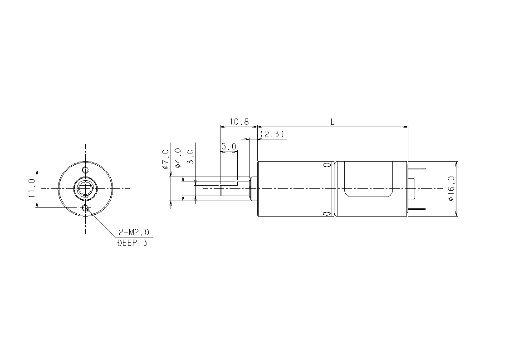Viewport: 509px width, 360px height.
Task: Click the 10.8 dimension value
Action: [x=239, y=122]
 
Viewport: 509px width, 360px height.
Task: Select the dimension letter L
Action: [x=333, y=122]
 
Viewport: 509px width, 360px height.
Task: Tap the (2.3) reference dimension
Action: [x=272, y=133]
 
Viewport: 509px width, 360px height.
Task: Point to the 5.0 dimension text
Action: [x=229, y=147]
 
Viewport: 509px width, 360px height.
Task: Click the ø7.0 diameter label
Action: [x=166, y=159]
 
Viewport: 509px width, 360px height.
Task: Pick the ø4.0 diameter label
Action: [x=178, y=158]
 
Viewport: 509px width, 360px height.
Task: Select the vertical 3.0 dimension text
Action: [x=191, y=157]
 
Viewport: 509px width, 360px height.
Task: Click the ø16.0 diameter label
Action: [x=451, y=189]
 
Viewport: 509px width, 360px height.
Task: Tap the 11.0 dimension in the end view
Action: [x=31, y=188]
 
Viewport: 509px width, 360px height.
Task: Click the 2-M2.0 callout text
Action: [x=134, y=232]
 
